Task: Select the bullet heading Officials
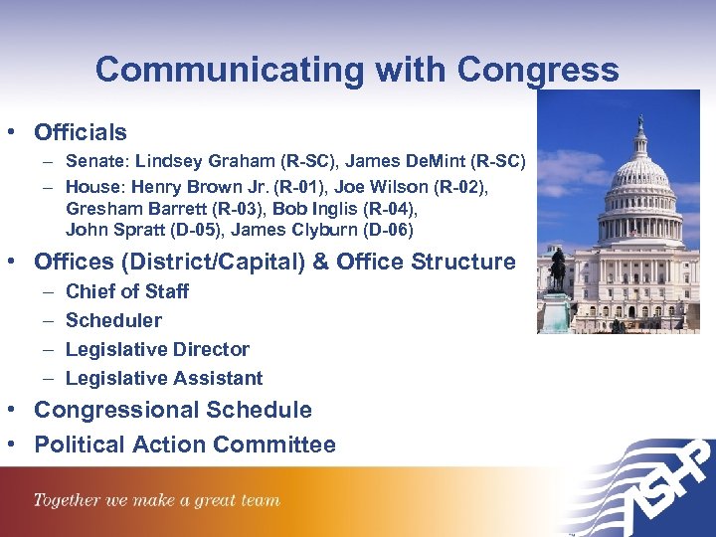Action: (x=81, y=132)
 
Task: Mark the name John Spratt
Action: (x=112, y=231)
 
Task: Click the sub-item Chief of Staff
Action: (x=127, y=291)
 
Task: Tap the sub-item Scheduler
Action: (x=113, y=320)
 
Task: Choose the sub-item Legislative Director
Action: (x=157, y=349)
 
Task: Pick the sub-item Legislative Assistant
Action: (x=164, y=378)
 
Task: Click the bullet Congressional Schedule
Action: (x=173, y=410)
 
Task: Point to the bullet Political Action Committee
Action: (x=185, y=445)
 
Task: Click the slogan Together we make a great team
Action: (x=157, y=501)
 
